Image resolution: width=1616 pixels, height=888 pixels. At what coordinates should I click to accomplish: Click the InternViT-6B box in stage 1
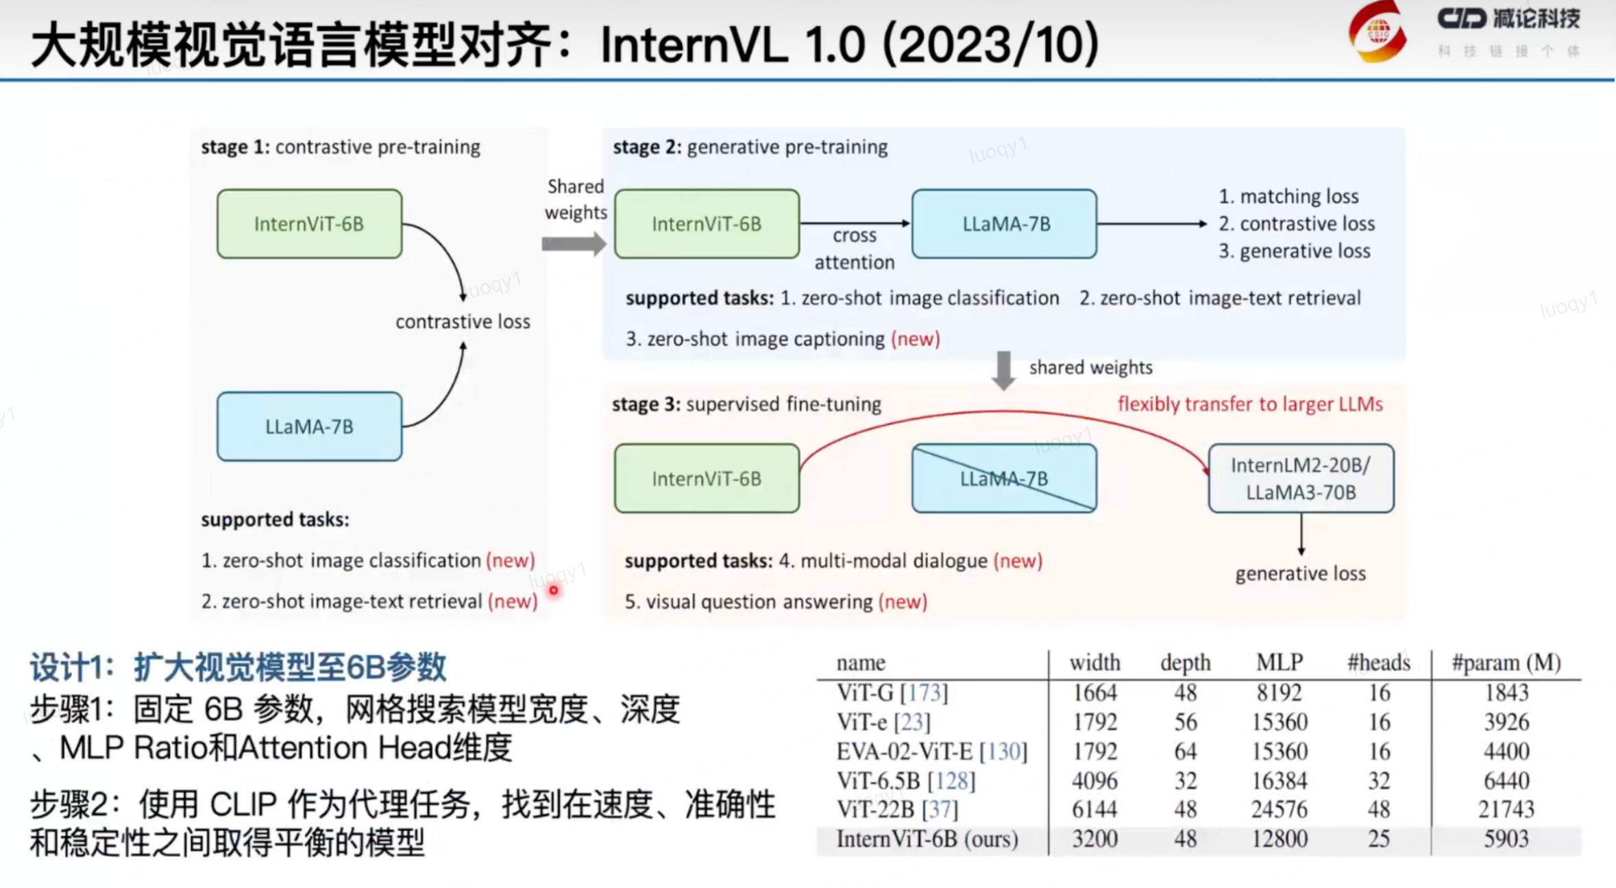(309, 224)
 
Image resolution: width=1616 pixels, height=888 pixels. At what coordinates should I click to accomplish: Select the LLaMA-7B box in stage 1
(309, 426)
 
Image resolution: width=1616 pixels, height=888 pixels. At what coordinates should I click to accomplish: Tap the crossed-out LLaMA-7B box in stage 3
(1004, 478)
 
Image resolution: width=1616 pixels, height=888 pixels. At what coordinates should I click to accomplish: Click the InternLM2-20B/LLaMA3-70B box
(1300, 478)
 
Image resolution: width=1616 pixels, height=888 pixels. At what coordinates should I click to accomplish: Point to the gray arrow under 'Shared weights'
(574, 244)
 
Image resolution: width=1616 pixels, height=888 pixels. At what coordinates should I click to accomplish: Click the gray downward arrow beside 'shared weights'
(1003, 370)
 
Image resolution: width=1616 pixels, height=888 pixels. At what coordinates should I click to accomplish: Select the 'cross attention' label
(854, 249)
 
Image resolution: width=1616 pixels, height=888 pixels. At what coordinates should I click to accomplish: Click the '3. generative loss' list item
(1294, 251)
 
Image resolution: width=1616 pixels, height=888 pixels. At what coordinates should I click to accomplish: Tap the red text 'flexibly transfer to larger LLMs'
(1249, 404)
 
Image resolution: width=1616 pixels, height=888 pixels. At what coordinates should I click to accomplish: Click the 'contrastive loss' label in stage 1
(463, 321)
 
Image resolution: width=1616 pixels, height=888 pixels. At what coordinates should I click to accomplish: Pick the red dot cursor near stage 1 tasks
(554, 590)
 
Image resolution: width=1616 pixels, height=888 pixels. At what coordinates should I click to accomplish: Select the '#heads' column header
(1378, 663)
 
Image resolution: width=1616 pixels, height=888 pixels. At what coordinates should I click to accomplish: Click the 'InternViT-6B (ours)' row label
(927, 839)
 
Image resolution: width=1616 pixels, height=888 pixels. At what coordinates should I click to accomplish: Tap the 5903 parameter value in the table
(1506, 839)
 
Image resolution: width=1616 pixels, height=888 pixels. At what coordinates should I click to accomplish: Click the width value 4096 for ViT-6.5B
(1094, 780)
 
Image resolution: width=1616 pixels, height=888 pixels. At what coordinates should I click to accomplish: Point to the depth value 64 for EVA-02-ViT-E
(1185, 752)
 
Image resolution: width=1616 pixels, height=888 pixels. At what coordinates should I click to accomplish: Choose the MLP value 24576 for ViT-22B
(1279, 810)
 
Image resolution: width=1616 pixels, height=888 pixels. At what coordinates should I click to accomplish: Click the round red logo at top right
(1378, 32)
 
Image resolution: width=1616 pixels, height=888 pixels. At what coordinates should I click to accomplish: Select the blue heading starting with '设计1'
(238, 667)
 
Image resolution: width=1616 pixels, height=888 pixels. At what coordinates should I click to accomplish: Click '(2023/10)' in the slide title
(991, 45)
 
